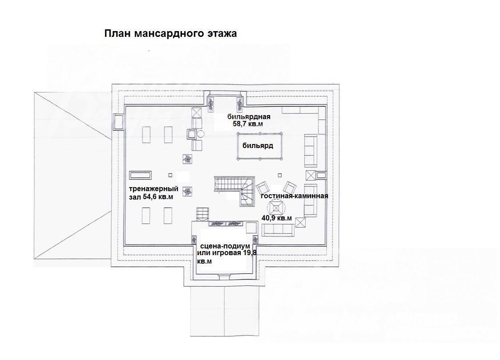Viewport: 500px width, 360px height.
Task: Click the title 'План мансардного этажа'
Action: (x=171, y=33)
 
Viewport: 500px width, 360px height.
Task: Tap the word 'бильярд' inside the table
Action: (x=258, y=146)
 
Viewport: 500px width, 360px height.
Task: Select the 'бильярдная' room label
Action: (x=249, y=116)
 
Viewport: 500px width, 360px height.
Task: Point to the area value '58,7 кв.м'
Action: (x=248, y=124)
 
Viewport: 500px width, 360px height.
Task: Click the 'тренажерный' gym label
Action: (x=153, y=189)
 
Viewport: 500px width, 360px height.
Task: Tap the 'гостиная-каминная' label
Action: (x=294, y=196)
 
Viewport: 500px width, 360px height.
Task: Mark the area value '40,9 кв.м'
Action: (x=276, y=218)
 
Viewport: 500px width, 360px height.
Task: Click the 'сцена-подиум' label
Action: (x=225, y=246)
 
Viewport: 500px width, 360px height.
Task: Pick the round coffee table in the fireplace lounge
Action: (x=275, y=208)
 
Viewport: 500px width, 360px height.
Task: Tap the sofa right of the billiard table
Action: (x=310, y=151)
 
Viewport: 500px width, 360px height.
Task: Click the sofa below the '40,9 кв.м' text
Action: (x=278, y=230)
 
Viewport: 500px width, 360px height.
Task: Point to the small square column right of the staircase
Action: (x=280, y=175)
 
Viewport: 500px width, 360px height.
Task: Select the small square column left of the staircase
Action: (x=170, y=175)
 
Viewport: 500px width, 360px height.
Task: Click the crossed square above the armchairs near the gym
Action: (x=197, y=112)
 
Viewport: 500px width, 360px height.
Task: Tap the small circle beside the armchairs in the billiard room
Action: (x=201, y=133)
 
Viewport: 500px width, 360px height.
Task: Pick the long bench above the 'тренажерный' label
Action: (x=140, y=175)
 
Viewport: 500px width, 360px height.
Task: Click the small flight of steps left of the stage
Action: (x=202, y=214)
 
